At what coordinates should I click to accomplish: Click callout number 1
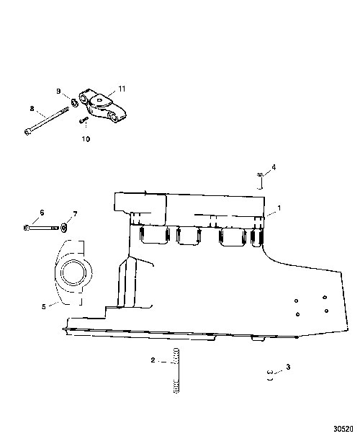click(x=279, y=208)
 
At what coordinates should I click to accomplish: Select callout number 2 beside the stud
click(x=153, y=360)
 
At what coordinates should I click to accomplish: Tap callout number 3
click(x=288, y=367)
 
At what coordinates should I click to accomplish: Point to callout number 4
click(x=274, y=167)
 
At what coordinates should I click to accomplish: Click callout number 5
click(x=44, y=307)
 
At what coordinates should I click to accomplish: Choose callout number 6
click(x=42, y=213)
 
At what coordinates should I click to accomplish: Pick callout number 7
click(x=75, y=214)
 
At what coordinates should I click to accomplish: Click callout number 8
click(x=32, y=108)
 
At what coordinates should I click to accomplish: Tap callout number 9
click(x=58, y=92)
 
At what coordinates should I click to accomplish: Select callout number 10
click(x=86, y=139)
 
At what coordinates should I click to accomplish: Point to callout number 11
click(x=122, y=89)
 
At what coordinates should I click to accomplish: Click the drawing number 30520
click(x=343, y=429)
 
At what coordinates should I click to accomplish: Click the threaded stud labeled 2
click(x=176, y=370)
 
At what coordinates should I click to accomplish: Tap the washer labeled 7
click(x=63, y=228)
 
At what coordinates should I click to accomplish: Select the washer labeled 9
click(x=74, y=102)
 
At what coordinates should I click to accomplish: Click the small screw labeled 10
click(x=84, y=120)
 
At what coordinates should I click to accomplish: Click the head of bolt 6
click(x=26, y=228)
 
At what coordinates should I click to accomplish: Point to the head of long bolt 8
click(x=27, y=132)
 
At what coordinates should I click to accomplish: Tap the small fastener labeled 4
click(x=260, y=174)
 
